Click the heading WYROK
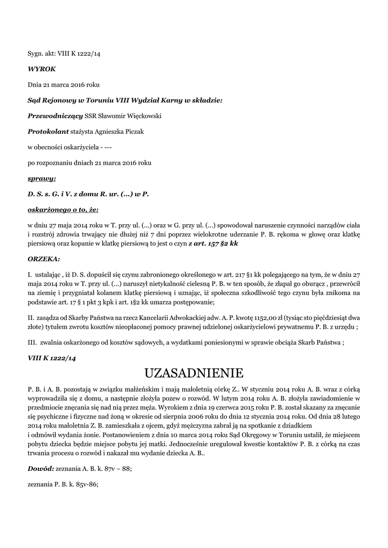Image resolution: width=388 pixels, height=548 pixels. coord(42,69)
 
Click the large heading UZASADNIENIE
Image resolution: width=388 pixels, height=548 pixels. coord(194,372)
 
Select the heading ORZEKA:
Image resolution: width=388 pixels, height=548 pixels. coord(43,258)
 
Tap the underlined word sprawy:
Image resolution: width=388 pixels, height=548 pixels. coord(42,178)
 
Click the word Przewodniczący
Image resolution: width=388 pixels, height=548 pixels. coord(55,116)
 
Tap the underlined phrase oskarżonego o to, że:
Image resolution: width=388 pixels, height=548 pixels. coord(63,209)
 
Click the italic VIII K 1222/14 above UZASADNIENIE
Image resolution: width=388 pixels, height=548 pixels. coord(51,357)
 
